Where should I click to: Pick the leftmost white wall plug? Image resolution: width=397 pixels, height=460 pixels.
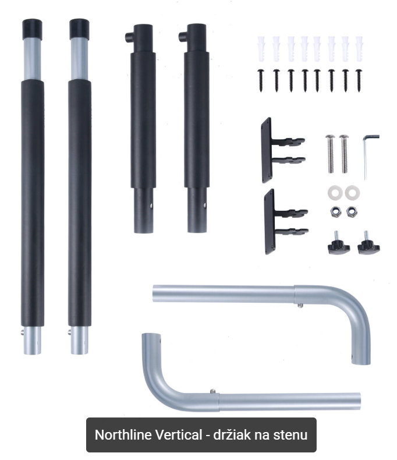coord(261,49)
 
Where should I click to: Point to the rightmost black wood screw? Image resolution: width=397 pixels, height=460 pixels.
coord(359,80)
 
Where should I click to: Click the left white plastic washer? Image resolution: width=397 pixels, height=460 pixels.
coord(335,193)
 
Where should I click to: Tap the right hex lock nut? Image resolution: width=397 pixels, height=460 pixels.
coord(351,212)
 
